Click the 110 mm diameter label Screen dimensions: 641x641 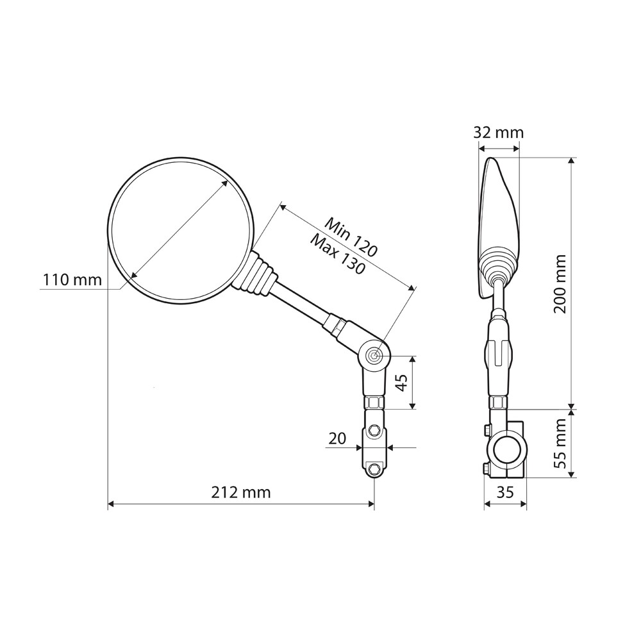[x=72, y=280]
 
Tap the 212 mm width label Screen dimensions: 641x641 [x=241, y=492]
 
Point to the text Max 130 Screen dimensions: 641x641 [x=337, y=254]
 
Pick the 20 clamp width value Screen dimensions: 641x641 [x=337, y=438]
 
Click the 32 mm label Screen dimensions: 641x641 [x=498, y=133]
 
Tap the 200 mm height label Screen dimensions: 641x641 [x=560, y=284]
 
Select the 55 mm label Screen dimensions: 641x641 [x=560, y=444]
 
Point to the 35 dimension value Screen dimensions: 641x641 [x=505, y=492]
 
